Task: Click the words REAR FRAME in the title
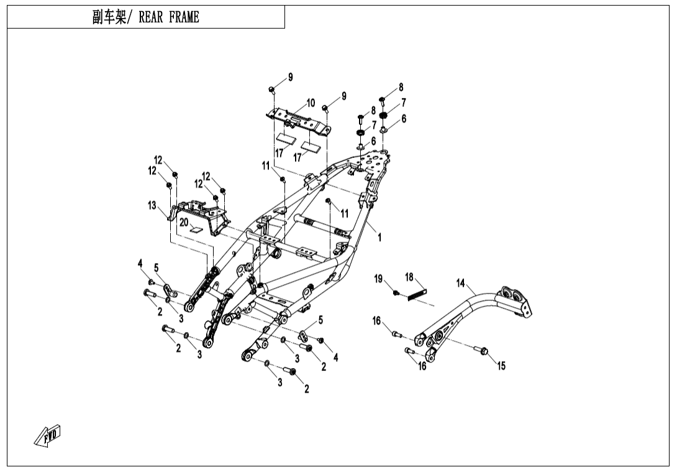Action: click(169, 17)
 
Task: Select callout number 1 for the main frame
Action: click(379, 237)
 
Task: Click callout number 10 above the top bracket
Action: click(311, 103)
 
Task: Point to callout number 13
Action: click(152, 206)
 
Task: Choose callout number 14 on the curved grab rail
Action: click(460, 283)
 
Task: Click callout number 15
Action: click(501, 366)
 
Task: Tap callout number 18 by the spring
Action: click(409, 276)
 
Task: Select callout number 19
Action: click(378, 279)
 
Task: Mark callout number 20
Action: click(183, 222)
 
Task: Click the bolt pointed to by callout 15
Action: click(483, 351)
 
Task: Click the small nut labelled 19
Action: click(395, 292)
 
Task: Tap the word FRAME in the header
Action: click(184, 17)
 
